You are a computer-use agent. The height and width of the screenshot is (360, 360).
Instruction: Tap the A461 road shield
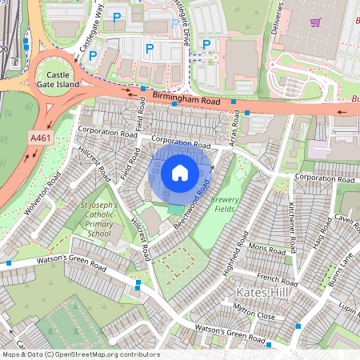(x=40, y=138)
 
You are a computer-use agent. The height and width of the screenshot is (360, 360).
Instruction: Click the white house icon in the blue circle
(x=180, y=172)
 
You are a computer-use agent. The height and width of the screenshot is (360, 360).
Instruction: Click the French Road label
(x=278, y=279)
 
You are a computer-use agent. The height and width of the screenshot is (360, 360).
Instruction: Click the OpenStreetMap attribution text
(x=81, y=354)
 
